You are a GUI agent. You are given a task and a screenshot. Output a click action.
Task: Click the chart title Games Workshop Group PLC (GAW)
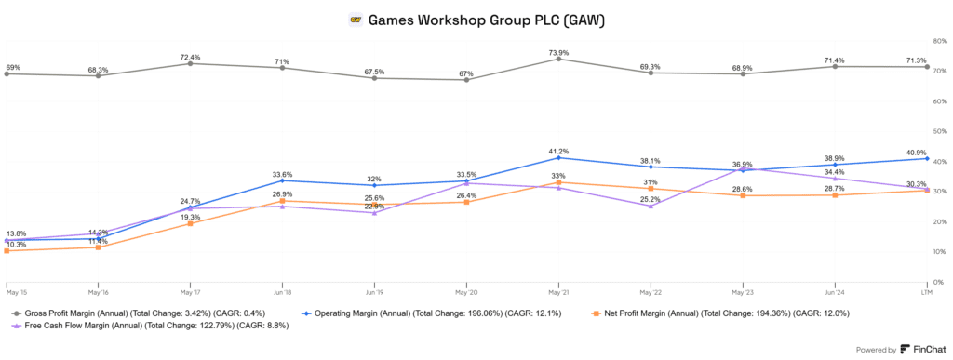(489, 19)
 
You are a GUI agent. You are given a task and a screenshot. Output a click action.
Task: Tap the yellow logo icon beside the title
(355, 19)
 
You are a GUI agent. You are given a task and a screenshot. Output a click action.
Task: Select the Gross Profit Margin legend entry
(128, 313)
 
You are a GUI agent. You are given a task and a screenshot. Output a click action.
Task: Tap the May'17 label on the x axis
(190, 288)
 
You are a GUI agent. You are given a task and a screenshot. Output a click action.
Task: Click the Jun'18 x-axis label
(282, 288)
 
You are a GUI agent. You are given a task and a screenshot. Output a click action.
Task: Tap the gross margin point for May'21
(558, 60)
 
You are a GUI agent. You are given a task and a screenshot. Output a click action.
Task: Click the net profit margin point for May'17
(190, 223)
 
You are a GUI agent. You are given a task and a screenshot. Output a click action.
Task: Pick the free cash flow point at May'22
(651, 206)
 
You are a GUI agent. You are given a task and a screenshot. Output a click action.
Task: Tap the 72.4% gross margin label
(190, 55)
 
